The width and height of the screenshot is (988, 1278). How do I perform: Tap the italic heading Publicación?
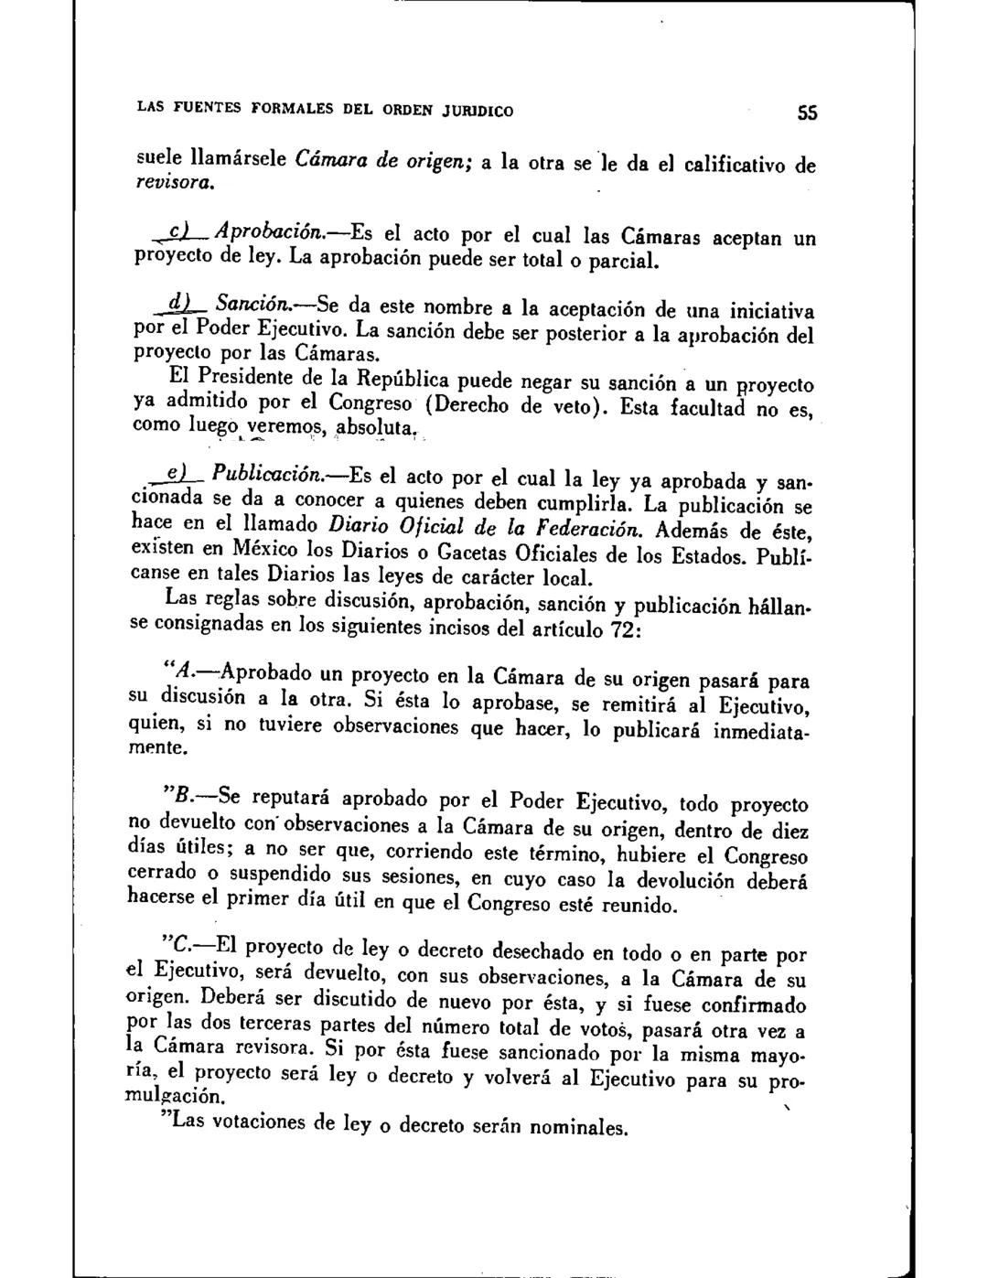click(263, 474)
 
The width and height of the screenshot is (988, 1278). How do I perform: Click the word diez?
click(789, 831)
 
